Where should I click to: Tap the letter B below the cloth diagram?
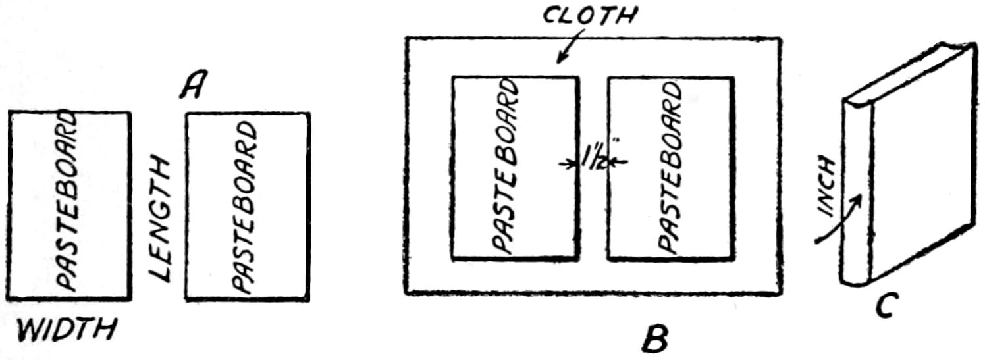point(655,339)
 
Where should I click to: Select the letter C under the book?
point(884,305)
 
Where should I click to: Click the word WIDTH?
point(67,330)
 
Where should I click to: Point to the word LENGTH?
point(160,220)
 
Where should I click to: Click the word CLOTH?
point(590,15)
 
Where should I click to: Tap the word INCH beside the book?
point(827,188)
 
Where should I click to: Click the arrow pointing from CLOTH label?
point(570,47)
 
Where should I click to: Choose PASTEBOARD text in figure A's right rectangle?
point(244,207)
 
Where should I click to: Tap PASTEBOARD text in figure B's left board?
point(506,166)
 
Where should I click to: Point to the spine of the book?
point(856,193)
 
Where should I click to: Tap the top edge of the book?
point(906,75)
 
